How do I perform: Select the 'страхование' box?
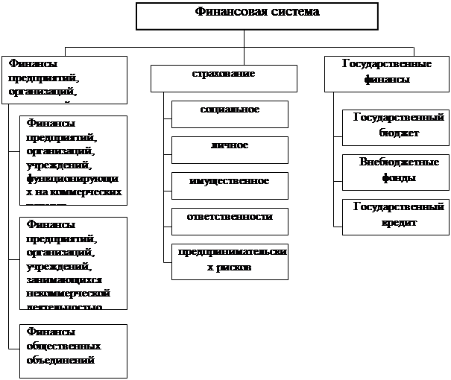(x=224, y=77)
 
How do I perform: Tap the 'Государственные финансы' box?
(x=386, y=73)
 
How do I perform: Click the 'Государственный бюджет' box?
(x=394, y=127)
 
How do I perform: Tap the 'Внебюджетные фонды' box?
(x=394, y=171)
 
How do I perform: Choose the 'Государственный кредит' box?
(x=394, y=216)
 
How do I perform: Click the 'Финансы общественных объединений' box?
(x=73, y=347)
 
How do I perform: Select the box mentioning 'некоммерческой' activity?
(x=73, y=263)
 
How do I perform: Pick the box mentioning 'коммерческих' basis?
(x=73, y=159)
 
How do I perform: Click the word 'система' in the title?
(x=293, y=12)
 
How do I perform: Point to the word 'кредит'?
(x=397, y=223)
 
